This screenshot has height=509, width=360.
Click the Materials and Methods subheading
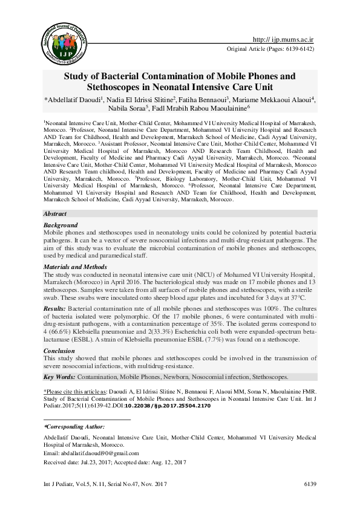76,267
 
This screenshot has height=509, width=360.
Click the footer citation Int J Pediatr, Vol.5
67,484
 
